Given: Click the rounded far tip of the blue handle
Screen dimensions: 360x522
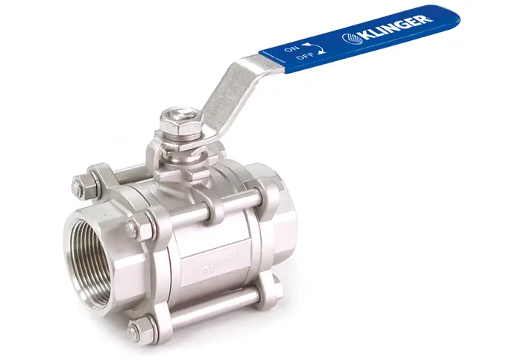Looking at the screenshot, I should point(452,18).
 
